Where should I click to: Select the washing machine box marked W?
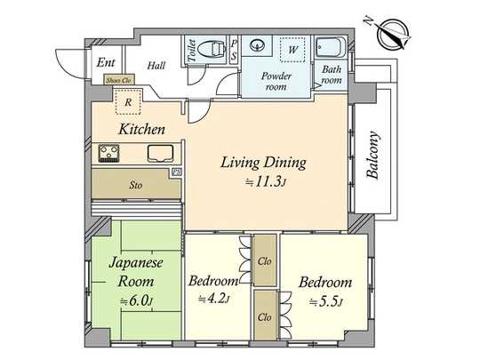tap(291, 50)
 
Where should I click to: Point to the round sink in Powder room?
tap(259, 45)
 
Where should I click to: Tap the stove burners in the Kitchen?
tap(111, 156)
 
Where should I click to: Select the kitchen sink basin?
tap(160, 153)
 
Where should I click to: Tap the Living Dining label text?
tap(264, 163)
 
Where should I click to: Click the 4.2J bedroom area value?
tap(216, 300)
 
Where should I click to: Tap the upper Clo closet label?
tap(264, 263)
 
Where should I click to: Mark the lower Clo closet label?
tap(264, 316)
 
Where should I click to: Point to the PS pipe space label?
tap(233, 49)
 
